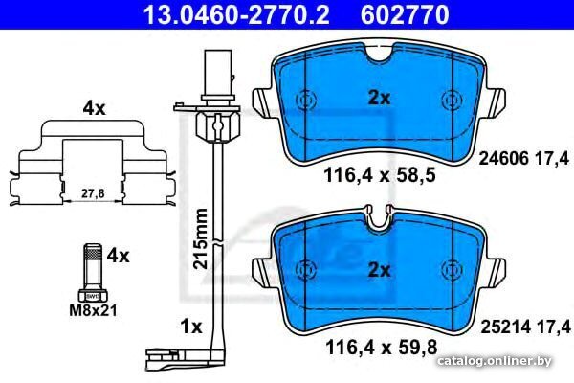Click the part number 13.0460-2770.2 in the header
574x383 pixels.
pyautogui.click(x=236, y=14)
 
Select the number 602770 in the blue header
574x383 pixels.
pyautogui.click(x=405, y=14)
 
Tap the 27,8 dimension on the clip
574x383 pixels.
pyautogui.click(x=93, y=193)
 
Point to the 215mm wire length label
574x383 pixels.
pyautogui.click(x=200, y=238)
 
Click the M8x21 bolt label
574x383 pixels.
pyautogui.click(x=94, y=310)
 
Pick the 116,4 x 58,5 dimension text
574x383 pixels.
pyautogui.click(x=379, y=175)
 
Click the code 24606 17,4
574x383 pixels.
pyautogui.click(x=524, y=159)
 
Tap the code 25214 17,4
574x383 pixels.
pyautogui.click(x=525, y=327)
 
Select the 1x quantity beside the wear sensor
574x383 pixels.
pyautogui.click(x=191, y=327)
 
